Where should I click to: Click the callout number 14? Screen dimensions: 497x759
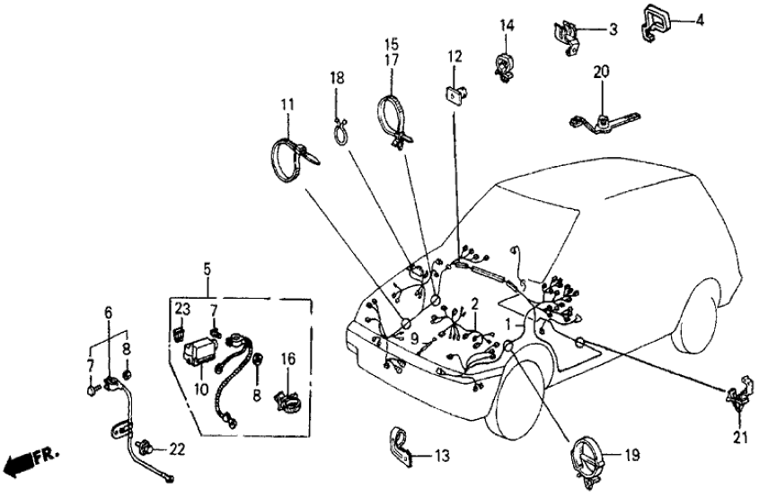pos(507,25)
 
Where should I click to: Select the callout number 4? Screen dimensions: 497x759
pos(700,19)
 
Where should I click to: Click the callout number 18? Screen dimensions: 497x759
pos(337,79)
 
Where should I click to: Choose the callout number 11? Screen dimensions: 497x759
pos(286,106)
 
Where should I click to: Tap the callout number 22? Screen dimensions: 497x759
pos(176,449)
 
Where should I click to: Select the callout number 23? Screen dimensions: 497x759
pos(183,309)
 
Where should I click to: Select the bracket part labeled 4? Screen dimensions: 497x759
pos(658,22)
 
